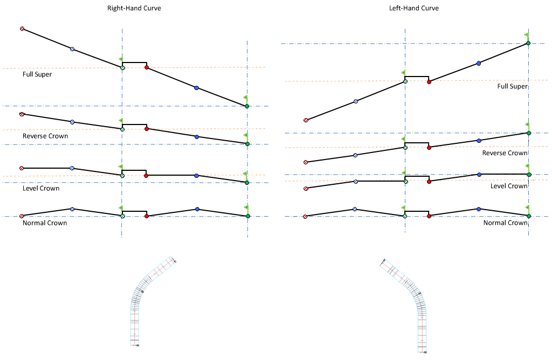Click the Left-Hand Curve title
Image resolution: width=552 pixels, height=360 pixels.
pos(414,9)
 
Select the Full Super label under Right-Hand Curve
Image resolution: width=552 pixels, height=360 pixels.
pos(37,74)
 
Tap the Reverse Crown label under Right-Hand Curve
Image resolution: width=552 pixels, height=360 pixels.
pos(45,136)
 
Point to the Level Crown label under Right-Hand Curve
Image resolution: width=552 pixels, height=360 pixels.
pos(41,189)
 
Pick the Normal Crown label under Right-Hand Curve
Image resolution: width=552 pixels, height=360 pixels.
pos(45,223)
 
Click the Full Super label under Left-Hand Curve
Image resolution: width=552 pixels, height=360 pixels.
pos(512,86)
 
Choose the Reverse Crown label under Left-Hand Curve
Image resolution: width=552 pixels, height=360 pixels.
pos(505,153)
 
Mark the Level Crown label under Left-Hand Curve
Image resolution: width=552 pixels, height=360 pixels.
pos(509,186)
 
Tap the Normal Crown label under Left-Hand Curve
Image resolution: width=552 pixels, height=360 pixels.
pos(505,223)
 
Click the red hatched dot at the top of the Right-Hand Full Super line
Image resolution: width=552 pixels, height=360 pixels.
pos(22,29)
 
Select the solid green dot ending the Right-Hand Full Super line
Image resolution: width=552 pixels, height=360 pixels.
pos(247,106)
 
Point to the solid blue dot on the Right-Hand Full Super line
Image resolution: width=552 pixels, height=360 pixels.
pos(196,88)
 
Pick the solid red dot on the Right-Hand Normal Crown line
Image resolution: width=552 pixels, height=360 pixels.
pos(147,216)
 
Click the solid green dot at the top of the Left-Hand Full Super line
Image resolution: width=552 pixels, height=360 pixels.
pos(528,43)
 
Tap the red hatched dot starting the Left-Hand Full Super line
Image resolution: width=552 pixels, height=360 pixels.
pos(306,120)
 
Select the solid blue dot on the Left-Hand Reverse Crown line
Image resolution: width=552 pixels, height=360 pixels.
pos(479,141)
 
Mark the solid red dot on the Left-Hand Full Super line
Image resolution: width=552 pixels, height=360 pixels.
pos(429,81)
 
